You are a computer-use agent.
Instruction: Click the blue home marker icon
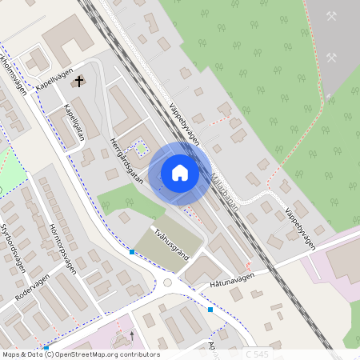tap(180, 173)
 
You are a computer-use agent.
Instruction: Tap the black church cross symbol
tap(78, 81)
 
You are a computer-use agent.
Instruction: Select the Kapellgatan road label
tap(74, 123)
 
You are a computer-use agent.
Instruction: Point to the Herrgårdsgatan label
tap(126, 161)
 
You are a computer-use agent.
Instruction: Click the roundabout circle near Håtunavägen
tap(168, 282)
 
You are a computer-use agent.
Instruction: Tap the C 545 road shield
tap(257, 354)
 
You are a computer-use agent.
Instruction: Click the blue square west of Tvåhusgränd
tap(131, 252)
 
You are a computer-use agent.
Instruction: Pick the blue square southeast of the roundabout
tap(210, 309)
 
